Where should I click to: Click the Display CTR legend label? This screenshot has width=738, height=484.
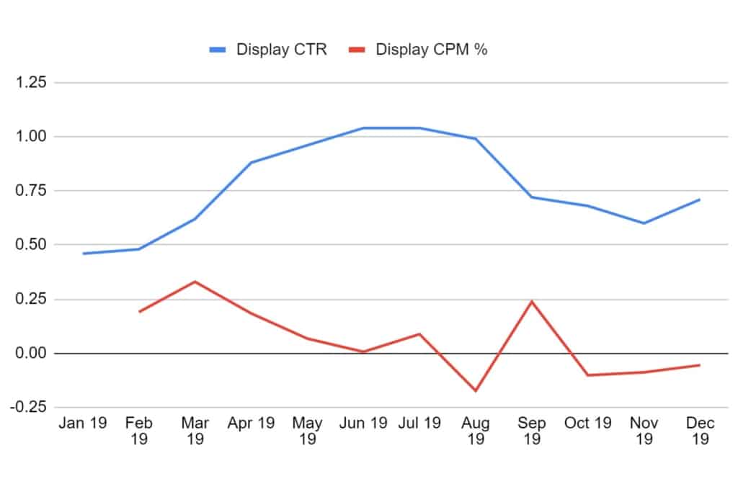(x=281, y=50)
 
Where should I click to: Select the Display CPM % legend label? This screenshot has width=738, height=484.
(x=432, y=50)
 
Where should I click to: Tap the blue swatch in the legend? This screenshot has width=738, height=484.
(x=218, y=50)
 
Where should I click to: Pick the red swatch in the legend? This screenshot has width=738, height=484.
(x=357, y=50)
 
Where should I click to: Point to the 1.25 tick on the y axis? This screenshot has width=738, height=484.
(x=31, y=82)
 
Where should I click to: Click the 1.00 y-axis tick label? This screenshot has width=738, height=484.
(x=31, y=136)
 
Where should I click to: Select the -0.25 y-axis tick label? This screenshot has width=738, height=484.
(x=28, y=407)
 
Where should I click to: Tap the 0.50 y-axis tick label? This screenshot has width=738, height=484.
(x=31, y=244)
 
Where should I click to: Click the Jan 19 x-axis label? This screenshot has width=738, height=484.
(x=82, y=423)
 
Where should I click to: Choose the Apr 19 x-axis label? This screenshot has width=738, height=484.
(x=250, y=423)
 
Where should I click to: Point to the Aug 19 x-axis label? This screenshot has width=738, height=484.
(x=476, y=431)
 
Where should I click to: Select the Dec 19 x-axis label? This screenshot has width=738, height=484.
(x=700, y=431)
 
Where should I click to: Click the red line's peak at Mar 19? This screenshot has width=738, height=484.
(x=195, y=282)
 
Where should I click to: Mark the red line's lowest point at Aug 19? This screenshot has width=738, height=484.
(x=476, y=391)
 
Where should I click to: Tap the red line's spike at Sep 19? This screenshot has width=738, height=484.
(x=532, y=301)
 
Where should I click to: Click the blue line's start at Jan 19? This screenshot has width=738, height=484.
(x=83, y=254)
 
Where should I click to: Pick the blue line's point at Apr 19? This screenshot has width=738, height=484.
(x=251, y=163)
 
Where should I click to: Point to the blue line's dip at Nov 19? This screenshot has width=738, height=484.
(x=644, y=223)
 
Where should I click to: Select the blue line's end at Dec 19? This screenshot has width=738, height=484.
(x=699, y=200)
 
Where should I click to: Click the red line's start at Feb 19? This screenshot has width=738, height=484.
(x=139, y=312)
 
